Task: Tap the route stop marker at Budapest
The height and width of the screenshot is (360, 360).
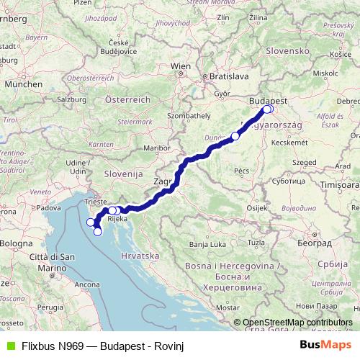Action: click(267, 109)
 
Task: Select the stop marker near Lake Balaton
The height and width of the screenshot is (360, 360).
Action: click(235, 135)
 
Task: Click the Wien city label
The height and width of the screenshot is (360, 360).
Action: click(180, 66)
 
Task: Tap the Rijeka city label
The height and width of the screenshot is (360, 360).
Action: click(118, 219)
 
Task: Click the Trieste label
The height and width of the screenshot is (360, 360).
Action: click(96, 202)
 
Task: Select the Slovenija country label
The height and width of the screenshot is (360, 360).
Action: click(106, 174)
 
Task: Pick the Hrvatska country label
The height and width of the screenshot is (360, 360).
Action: click(140, 256)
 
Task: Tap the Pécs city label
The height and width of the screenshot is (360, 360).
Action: click(241, 171)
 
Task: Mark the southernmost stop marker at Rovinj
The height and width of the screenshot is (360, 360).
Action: click(98, 232)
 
